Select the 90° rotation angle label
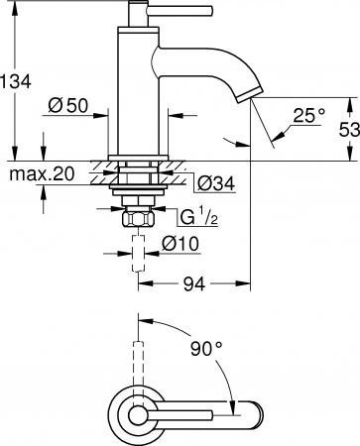click(206, 348)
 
